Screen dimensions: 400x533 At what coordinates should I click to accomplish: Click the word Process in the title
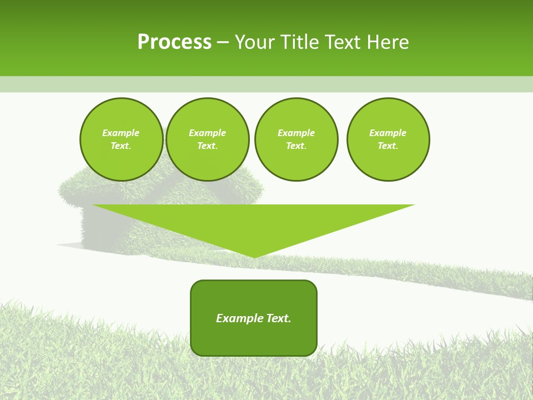(174, 42)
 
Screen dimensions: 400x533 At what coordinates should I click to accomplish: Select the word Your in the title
(253, 42)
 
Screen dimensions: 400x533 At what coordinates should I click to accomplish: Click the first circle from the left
(121, 139)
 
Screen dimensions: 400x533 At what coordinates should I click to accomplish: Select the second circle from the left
(207, 139)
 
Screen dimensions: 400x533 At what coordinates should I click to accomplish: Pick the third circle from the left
(296, 139)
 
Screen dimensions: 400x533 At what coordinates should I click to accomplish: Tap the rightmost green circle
(388, 139)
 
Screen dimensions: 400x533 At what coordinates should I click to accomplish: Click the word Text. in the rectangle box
(278, 318)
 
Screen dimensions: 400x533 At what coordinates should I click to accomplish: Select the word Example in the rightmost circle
(388, 133)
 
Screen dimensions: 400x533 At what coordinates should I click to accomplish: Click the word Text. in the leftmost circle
(121, 146)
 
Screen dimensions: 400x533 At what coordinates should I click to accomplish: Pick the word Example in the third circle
(296, 133)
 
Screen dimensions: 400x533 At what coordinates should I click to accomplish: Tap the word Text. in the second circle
(207, 146)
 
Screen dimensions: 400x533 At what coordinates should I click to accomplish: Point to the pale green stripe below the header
(266, 84)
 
